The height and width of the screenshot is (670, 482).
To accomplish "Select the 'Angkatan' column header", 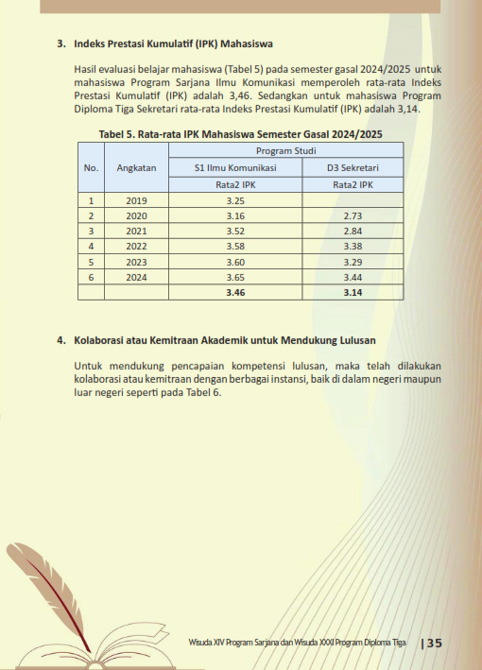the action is [x=136, y=167].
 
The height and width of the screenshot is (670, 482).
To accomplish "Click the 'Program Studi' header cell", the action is [x=285, y=150].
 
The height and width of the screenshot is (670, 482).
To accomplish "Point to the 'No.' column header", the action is [x=91, y=167].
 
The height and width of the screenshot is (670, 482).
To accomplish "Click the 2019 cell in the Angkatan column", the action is [x=136, y=200].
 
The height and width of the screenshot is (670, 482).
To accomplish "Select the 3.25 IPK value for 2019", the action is [x=235, y=200].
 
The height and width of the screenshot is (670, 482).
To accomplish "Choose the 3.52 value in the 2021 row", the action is [x=235, y=232].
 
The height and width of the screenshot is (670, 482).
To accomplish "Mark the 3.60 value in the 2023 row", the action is [x=235, y=262].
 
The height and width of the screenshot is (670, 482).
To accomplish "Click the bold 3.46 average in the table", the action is [x=235, y=293].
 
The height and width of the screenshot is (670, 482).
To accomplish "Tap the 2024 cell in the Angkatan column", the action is [x=136, y=277].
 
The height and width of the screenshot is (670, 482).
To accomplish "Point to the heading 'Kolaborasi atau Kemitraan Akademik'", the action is [x=223, y=338].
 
